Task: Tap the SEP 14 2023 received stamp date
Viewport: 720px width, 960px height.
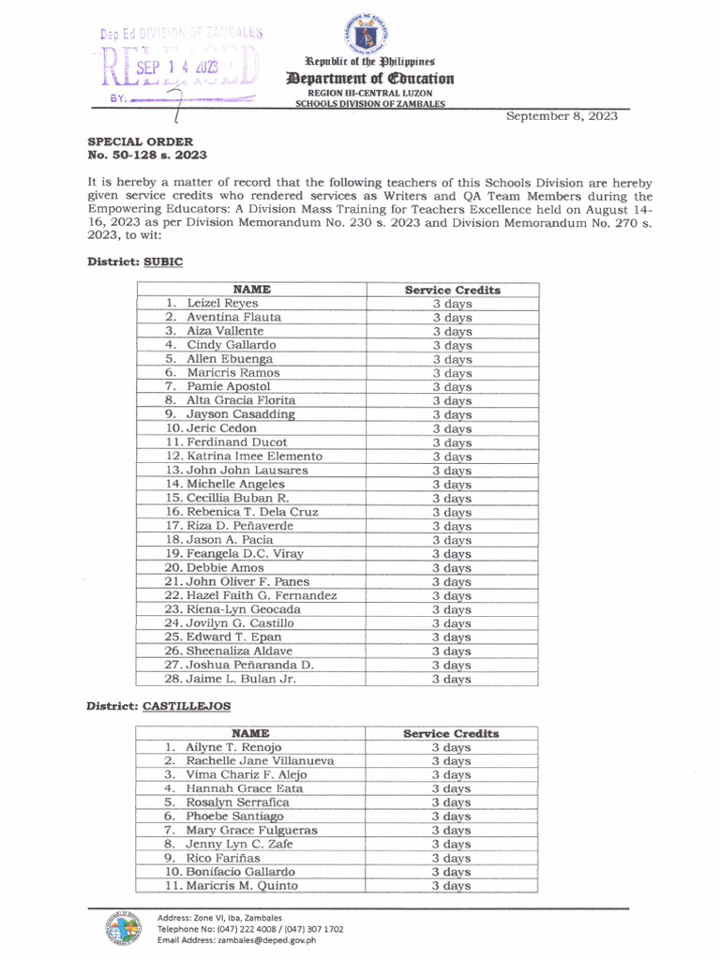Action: [x=177, y=67]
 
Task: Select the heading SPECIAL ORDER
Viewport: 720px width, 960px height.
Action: [x=141, y=142]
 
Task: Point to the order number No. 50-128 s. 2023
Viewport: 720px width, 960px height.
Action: [x=147, y=155]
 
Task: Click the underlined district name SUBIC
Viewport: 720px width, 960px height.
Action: [x=162, y=262]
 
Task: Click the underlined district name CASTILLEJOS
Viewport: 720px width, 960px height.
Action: [x=187, y=705]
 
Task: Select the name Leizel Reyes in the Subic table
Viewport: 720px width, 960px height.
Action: [x=222, y=304]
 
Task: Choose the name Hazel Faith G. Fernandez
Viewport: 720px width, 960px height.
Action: [x=250, y=595]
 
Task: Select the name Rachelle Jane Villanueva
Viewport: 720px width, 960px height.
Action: [x=259, y=761]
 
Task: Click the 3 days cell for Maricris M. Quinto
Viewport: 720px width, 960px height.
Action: [x=451, y=886]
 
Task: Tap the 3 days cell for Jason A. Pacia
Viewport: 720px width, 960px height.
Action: [x=452, y=540]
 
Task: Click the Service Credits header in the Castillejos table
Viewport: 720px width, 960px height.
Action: [x=451, y=733]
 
